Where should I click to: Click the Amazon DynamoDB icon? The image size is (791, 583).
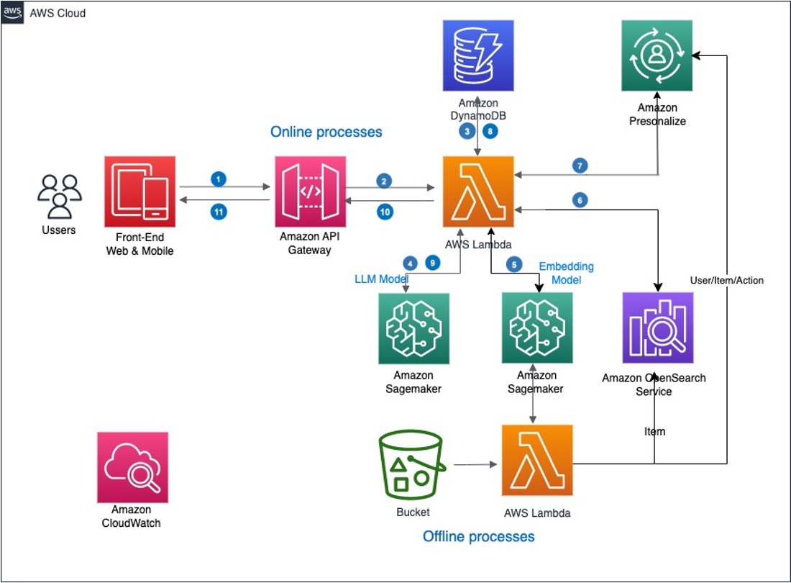(478, 55)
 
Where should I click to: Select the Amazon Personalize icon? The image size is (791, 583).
(657, 55)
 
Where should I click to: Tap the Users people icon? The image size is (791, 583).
(60, 196)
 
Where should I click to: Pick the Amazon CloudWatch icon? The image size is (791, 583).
(132, 467)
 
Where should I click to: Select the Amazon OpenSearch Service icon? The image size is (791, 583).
(658, 327)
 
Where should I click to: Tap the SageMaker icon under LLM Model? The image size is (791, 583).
(413, 328)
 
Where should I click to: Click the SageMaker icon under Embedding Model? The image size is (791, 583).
(536, 328)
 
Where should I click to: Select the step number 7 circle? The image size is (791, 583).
(580, 166)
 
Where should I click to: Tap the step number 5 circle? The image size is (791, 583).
(513, 264)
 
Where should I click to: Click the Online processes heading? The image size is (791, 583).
(326, 132)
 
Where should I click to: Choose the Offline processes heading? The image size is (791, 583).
(478, 536)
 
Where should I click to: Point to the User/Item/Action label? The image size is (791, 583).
(726, 280)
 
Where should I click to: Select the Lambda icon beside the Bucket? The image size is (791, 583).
(536, 460)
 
